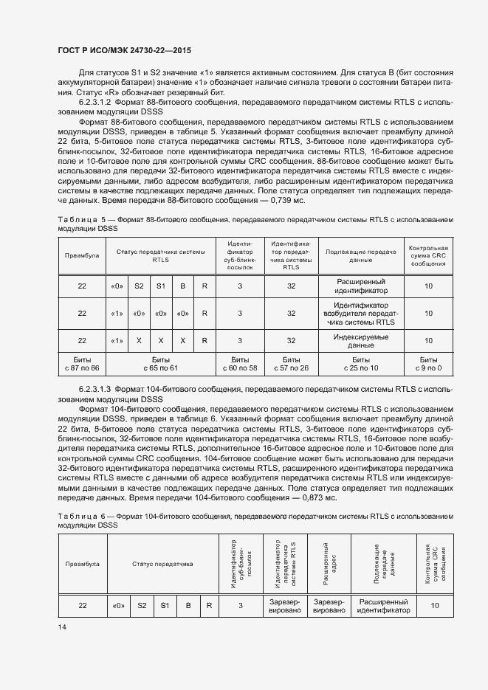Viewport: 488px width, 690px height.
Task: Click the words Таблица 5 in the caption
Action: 76,220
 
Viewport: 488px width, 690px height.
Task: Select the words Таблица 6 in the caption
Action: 76,517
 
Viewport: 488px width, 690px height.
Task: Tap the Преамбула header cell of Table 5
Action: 82,255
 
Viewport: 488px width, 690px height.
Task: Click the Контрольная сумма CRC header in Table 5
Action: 428,255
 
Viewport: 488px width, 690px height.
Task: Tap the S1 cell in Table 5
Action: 160,286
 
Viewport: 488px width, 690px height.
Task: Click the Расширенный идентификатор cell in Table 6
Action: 383,606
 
